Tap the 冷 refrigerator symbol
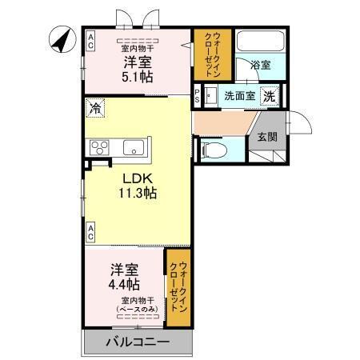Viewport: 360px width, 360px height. pos(96,106)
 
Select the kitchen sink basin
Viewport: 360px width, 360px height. pos(134,147)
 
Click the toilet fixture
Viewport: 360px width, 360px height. pos(214,149)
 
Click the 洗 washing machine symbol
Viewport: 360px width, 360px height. pos(270,97)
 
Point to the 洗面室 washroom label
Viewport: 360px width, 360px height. pos(239,97)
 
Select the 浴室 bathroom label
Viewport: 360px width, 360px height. pos(259,66)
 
